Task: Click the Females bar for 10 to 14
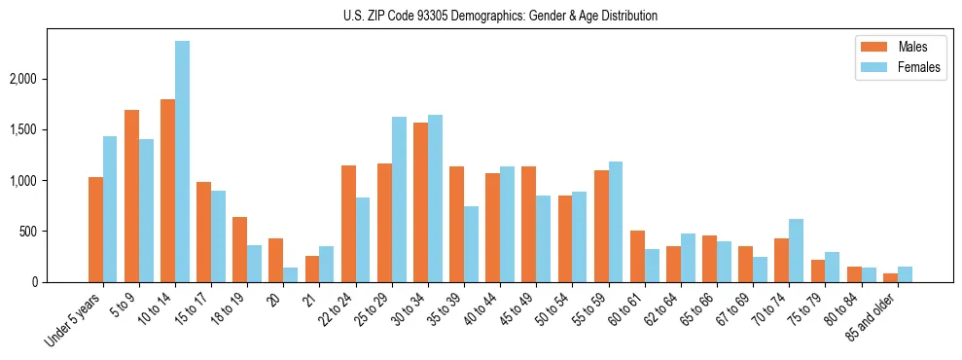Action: tap(183, 162)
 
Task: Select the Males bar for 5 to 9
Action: tap(131, 196)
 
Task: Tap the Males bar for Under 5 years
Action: tap(95, 230)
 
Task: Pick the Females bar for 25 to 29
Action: tap(399, 199)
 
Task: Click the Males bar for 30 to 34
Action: tap(421, 202)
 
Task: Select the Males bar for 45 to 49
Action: tap(529, 224)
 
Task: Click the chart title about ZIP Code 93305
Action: tap(500, 16)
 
